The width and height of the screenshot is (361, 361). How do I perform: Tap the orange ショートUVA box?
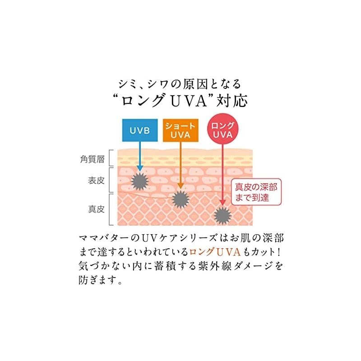click(x=180, y=130)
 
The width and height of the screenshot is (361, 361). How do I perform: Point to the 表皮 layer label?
click(x=96, y=181)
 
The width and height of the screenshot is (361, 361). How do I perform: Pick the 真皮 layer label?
click(x=96, y=209)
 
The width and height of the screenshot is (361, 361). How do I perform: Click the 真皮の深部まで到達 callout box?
click(x=254, y=192)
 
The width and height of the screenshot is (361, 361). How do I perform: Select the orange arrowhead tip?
click(x=180, y=187)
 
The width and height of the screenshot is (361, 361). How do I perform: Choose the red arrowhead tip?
click(x=222, y=204)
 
